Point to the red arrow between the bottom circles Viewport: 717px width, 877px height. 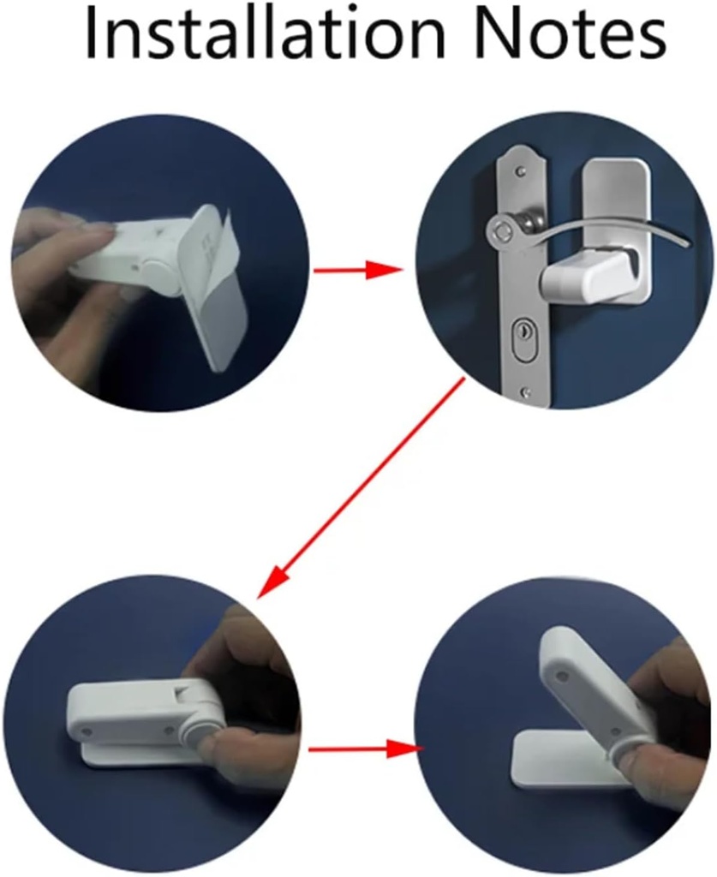(x=360, y=749)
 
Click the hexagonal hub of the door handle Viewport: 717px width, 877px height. (x=504, y=230)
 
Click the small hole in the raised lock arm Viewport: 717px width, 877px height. (x=563, y=677)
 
